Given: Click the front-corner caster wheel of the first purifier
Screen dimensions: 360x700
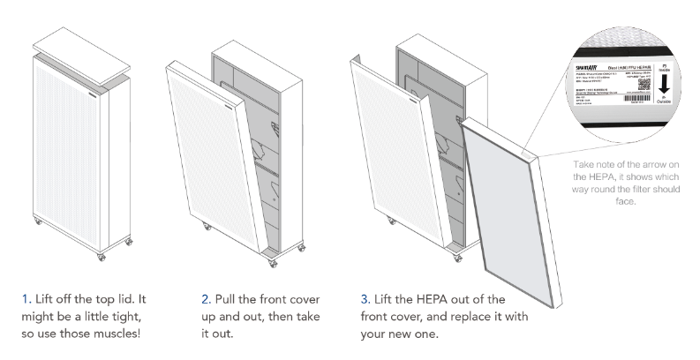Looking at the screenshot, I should (99, 255).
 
